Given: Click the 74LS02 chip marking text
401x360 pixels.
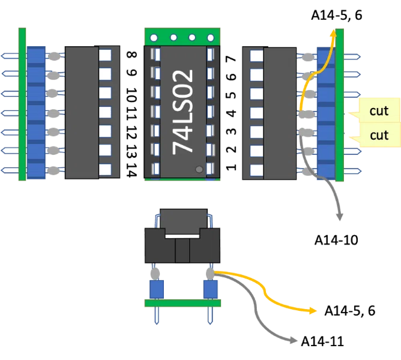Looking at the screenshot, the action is (182, 112).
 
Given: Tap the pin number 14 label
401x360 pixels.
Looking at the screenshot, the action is (131, 170).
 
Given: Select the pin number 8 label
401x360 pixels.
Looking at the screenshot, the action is (131, 55).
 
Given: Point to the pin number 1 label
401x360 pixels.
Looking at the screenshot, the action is (231, 167).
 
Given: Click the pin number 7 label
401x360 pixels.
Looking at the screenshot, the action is (231, 59).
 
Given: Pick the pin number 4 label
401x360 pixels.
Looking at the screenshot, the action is (231, 113).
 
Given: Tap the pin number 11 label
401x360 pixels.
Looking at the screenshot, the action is (131, 113).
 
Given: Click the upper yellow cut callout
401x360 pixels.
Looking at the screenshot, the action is (376, 110).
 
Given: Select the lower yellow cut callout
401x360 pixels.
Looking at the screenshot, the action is (376, 135).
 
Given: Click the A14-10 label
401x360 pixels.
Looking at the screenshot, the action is (336, 241).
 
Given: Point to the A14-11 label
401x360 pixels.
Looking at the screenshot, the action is (322, 341).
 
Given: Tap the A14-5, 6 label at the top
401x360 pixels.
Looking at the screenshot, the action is (337, 16).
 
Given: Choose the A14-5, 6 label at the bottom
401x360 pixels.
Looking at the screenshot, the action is (349, 311).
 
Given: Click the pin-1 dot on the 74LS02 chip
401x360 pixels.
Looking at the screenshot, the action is (199, 169).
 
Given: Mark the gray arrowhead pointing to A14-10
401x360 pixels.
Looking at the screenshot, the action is (339, 217).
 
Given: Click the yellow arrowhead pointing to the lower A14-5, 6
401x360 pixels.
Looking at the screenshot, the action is (313, 311).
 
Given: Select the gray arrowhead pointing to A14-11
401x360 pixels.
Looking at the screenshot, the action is (294, 341).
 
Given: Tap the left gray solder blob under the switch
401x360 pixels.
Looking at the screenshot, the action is (155, 274).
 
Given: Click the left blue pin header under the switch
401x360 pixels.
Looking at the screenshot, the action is (157, 289).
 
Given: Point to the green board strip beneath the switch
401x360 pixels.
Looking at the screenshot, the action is (182, 303).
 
